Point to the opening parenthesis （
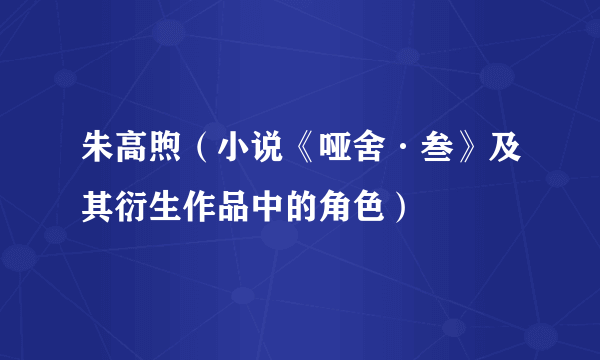[x=202, y=152]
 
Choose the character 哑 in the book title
[x=338, y=152]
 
